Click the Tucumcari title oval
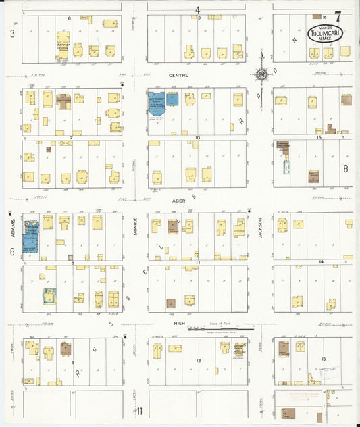click(x=324, y=31)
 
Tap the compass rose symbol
click(x=259, y=74)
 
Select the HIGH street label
click(x=179, y=324)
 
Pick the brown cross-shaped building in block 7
click(x=64, y=102)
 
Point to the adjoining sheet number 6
click(x=12, y=251)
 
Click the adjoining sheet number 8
click(x=345, y=169)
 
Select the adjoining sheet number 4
click(x=198, y=9)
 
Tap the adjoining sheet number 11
click(x=140, y=411)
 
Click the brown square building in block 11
click(x=171, y=304)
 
